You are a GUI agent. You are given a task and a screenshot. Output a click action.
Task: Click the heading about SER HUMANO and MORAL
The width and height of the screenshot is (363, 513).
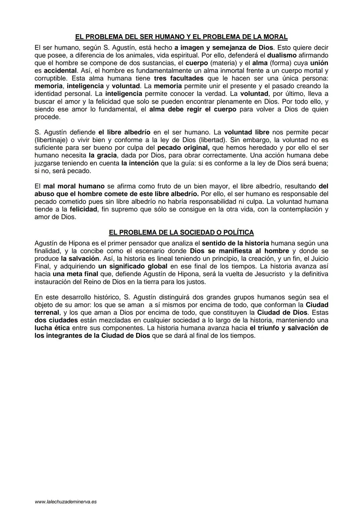click(x=181, y=37)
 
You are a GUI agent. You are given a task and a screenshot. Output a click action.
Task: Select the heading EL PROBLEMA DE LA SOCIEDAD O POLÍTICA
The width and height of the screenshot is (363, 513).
click(x=181, y=232)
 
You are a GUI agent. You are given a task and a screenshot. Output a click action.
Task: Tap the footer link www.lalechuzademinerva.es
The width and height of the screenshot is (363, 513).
click(x=66, y=502)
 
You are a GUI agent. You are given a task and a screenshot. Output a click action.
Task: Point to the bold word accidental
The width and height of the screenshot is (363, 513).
click(x=60, y=71)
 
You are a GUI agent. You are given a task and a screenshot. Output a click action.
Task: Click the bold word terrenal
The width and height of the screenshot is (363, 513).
click(x=47, y=312)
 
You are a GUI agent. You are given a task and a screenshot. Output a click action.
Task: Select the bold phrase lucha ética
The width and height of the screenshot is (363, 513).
click(x=52, y=328)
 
